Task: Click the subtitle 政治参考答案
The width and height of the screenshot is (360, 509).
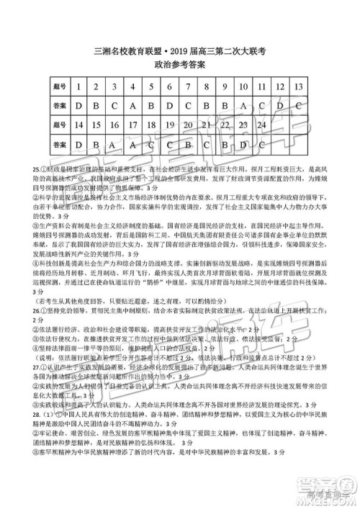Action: [x=179, y=64]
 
